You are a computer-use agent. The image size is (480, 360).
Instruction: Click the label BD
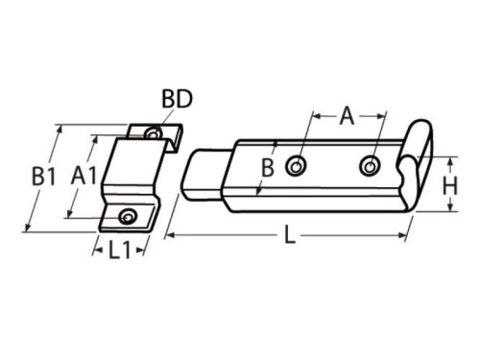point(176,100)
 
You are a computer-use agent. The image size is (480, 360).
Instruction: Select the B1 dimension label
point(41,177)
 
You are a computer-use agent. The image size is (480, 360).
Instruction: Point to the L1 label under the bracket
point(119,252)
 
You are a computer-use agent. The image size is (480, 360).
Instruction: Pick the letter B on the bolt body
point(269,168)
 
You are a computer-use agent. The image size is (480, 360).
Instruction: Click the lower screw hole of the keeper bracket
point(126,218)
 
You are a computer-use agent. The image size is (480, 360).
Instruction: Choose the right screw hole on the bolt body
point(370,167)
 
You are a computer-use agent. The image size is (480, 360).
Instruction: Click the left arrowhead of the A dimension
point(312,116)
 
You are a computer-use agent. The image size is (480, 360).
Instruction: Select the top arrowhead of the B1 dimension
point(60,126)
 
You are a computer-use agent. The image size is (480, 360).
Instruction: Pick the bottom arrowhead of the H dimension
point(437,204)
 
